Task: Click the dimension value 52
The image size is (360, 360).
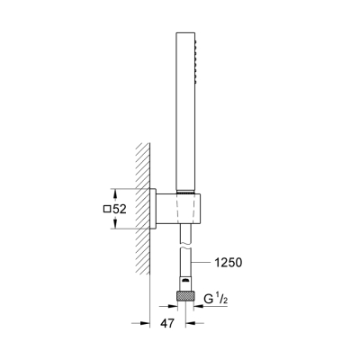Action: pyautogui.click(x=119, y=209)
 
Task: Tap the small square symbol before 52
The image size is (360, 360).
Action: pyautogui.click(x=107, y=209)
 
